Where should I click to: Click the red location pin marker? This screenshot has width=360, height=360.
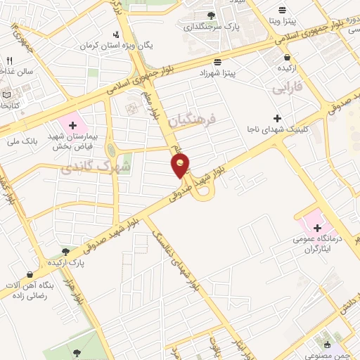click(181, 165)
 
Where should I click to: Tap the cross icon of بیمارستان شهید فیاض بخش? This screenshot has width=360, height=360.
click(72, 125)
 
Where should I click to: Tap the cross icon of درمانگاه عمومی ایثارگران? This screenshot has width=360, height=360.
click(318, 228)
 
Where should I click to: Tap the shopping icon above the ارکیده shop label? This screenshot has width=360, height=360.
click(287, 57)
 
